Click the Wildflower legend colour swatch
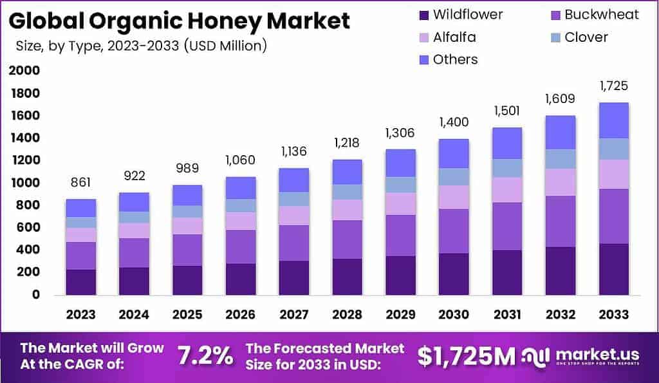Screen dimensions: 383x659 click(423, 15)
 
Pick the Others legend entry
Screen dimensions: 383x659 click(455, 59)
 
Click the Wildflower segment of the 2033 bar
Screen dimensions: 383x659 click(613, 269)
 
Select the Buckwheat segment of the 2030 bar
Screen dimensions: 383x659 click(453, 231)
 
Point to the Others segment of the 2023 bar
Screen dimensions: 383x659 click(80, 208)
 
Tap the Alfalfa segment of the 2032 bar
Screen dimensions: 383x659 click(560, 182)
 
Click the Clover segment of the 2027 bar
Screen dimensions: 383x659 click(293, 199)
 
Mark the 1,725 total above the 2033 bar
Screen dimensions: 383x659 click(613, 86)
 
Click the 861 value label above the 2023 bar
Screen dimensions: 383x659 click(80, 183)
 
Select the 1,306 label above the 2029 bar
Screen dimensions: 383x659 click(400, 133)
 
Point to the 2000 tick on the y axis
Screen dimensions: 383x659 click(24, 71)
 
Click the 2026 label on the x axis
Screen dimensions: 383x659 click(240, 315)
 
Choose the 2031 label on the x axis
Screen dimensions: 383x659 click(506, 315)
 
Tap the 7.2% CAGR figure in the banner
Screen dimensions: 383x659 click(204, 355)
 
